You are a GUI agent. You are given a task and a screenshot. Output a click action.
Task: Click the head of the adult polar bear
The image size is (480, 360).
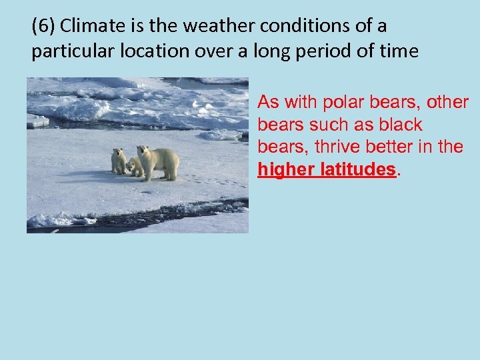(143, 151)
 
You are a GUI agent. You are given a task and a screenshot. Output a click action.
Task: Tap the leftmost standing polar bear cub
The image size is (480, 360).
(119, 161)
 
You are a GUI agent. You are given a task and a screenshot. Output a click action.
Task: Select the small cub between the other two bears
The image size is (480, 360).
(133, 167)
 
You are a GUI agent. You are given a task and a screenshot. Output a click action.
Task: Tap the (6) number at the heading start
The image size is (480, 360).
(43, 27)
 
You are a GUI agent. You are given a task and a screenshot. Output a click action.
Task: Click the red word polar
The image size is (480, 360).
(341, 102)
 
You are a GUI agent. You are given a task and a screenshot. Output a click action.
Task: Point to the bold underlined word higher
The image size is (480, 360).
(285, 169)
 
